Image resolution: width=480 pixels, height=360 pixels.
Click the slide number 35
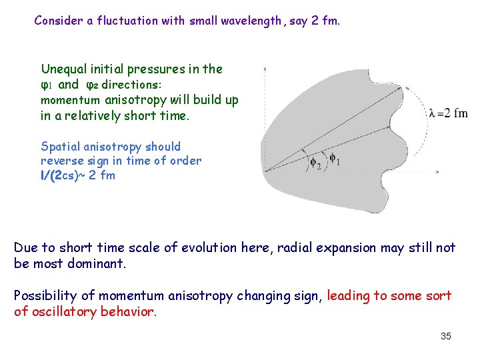point(446,336)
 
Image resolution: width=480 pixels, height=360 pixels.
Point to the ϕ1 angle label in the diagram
point(335,159)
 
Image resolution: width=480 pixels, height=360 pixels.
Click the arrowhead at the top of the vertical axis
point(265,67)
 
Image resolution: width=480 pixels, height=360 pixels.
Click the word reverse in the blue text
point(61,161)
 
